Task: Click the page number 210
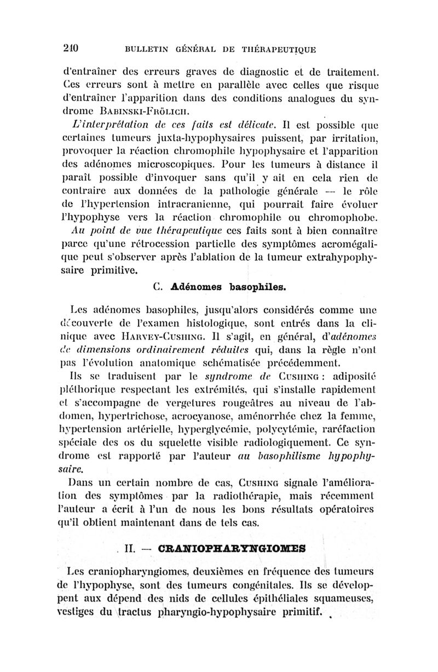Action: pyautogui.click(x=70, y=48)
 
